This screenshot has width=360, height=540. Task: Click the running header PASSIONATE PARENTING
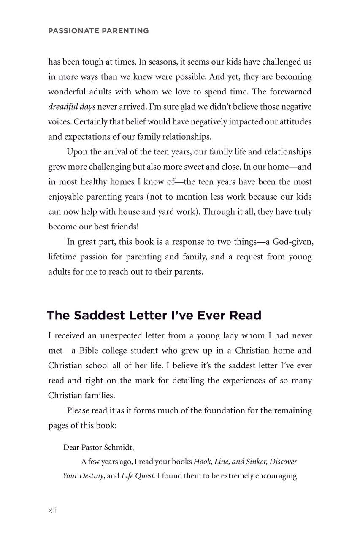pyautogui.click(x=98, y=31)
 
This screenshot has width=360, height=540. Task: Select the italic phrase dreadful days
pyautogui.click(x=71, y=107)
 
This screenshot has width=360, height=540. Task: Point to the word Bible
pyautogui.click(x=91, y=351)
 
